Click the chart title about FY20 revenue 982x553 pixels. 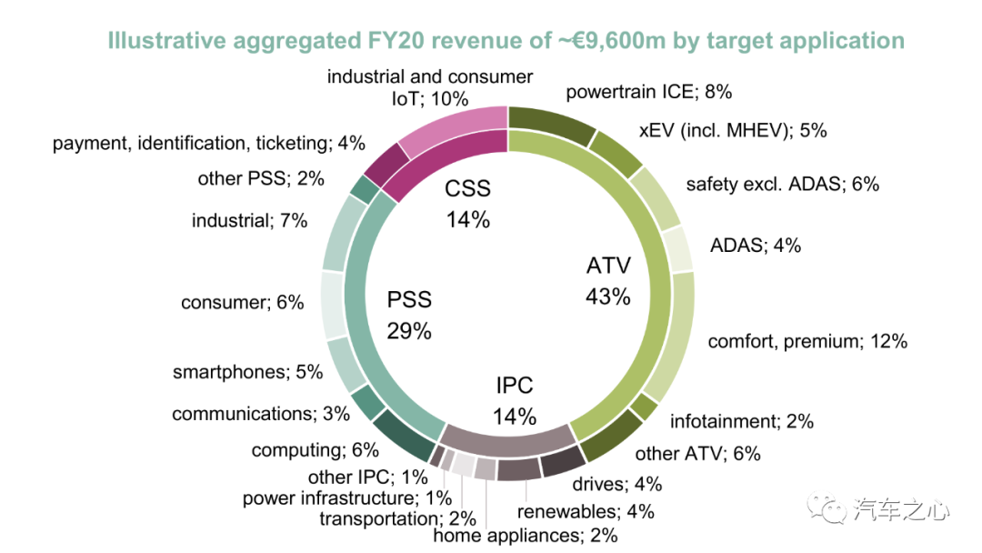click(x=506, y=41)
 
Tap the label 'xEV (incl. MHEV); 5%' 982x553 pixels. click(x=733, y=130)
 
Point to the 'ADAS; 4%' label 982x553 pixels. click(x=755, y=245)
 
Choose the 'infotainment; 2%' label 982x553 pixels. click(x=741, y=421)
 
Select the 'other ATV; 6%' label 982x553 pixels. click(x=697, y=454)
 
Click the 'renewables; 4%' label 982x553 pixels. click(x=586, y=511)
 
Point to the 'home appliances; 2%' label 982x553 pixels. click(x=526, y=536)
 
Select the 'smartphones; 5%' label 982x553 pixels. click(x=247, y=372)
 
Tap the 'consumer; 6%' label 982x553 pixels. click(x=242, y=303)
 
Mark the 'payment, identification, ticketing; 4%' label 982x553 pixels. click(x=208, y=143)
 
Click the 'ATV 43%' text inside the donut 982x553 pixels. click(x=608, y=281)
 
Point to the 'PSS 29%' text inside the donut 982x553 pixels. click(x=409, y=315)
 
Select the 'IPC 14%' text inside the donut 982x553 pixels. click(x=515, y=400)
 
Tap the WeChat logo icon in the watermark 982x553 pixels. click(x=829, y=508)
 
